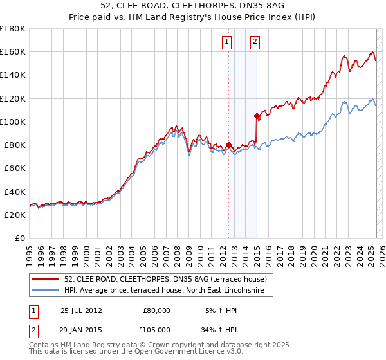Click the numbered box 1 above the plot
coord(228,42)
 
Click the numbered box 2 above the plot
coord(255,42)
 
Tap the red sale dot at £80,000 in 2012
coord(228,145)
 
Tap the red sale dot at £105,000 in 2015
coord(257,116)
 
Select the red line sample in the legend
coord(46,279)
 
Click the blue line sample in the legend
coord(46,291)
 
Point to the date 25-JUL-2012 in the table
coord(81,310)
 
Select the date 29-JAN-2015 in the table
coord(81,329)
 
